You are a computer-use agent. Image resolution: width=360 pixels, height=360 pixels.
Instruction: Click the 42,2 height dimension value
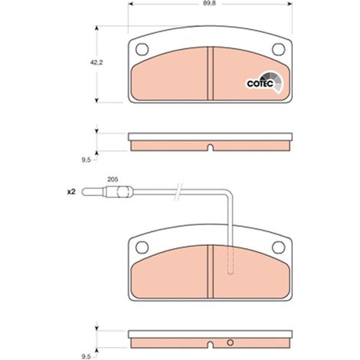(x=97, y=62)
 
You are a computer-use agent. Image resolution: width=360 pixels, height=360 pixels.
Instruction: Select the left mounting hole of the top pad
(x=142, y=49)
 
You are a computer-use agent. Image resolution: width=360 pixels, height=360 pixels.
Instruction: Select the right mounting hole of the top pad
(x=278, y=49)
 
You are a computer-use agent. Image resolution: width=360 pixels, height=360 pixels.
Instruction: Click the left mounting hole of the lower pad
(x=142, y=247)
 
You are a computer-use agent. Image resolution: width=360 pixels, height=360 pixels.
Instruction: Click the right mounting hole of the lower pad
(x=278, y=247)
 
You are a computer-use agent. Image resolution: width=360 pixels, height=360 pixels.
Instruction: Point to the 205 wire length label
(x=113, y=179)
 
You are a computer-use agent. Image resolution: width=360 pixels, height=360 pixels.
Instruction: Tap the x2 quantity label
(x=71, y=191)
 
